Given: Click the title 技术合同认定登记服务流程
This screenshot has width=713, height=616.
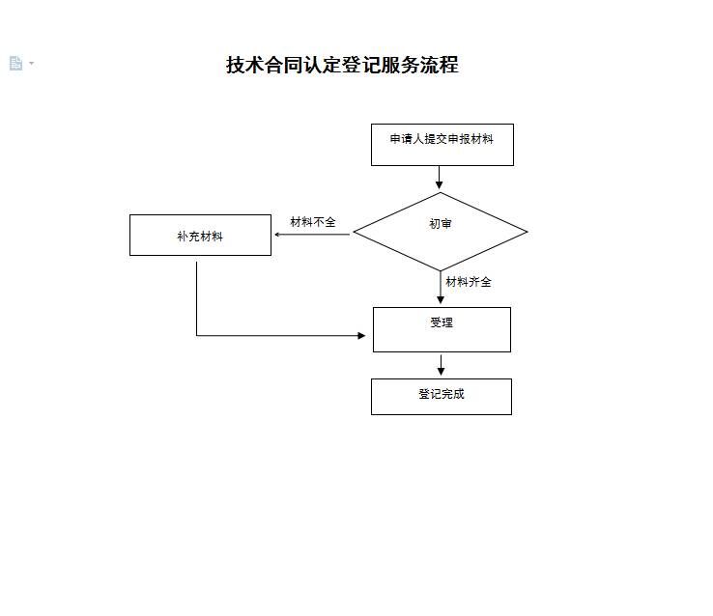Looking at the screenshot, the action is [x=342, y=65].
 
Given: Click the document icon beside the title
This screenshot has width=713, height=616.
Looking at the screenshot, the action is [x=15, y=63].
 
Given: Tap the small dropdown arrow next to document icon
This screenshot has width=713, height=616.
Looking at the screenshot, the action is [x=31, y=63].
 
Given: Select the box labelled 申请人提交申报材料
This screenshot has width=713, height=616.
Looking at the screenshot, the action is [x=442, y=145].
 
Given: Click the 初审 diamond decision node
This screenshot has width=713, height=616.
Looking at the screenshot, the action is [x=441, y=232].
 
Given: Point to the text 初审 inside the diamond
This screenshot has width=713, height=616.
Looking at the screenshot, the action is [x=441, y=223].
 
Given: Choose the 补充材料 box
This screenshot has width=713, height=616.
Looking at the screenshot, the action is [x=200, y=235].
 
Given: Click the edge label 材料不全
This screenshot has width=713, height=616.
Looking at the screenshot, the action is [x=313, y=222].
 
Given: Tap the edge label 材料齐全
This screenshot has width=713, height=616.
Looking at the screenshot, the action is [x=469, y=282].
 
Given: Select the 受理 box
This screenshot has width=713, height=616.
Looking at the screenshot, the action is [x=442, y=329].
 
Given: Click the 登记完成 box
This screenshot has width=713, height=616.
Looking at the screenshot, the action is [x=442, y=397].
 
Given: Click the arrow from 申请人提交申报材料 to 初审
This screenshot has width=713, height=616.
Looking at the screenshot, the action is [x=439, y=177].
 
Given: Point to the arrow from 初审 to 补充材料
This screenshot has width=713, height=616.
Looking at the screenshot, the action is [x=312, y=235].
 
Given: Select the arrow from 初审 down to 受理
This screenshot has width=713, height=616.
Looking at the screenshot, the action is [x=441, y=288].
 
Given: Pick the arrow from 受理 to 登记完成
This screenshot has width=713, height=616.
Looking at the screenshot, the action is [x=441, y=365].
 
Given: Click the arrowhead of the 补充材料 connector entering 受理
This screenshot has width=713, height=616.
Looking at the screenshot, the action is [x=361, y=336].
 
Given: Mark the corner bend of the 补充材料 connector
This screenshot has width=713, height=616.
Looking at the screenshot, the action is [x=196, y=336].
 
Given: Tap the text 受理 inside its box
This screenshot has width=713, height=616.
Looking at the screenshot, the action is [x=442, y=322].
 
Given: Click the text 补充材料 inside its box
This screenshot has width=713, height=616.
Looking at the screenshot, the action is [x=200, y=237].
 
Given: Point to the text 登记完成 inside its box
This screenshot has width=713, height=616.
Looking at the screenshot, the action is [x=442, y=394].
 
